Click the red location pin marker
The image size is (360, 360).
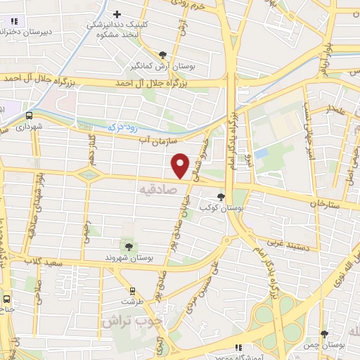click(181, 165)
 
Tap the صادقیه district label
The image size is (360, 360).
click(155, 190)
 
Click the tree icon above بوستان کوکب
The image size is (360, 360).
click(222, 198)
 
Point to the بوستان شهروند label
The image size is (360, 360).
click(129, 257)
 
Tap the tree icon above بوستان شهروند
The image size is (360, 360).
click(129, 246)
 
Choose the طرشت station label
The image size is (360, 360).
click(131, 301)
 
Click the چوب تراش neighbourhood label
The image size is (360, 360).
click(131, 321)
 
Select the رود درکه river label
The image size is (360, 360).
click(122, 127)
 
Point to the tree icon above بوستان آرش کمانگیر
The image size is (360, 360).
click(163, 54)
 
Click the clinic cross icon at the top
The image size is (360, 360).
click(117, 13)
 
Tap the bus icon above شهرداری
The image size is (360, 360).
click(30, 116)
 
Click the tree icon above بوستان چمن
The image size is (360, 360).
click(323, 334)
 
